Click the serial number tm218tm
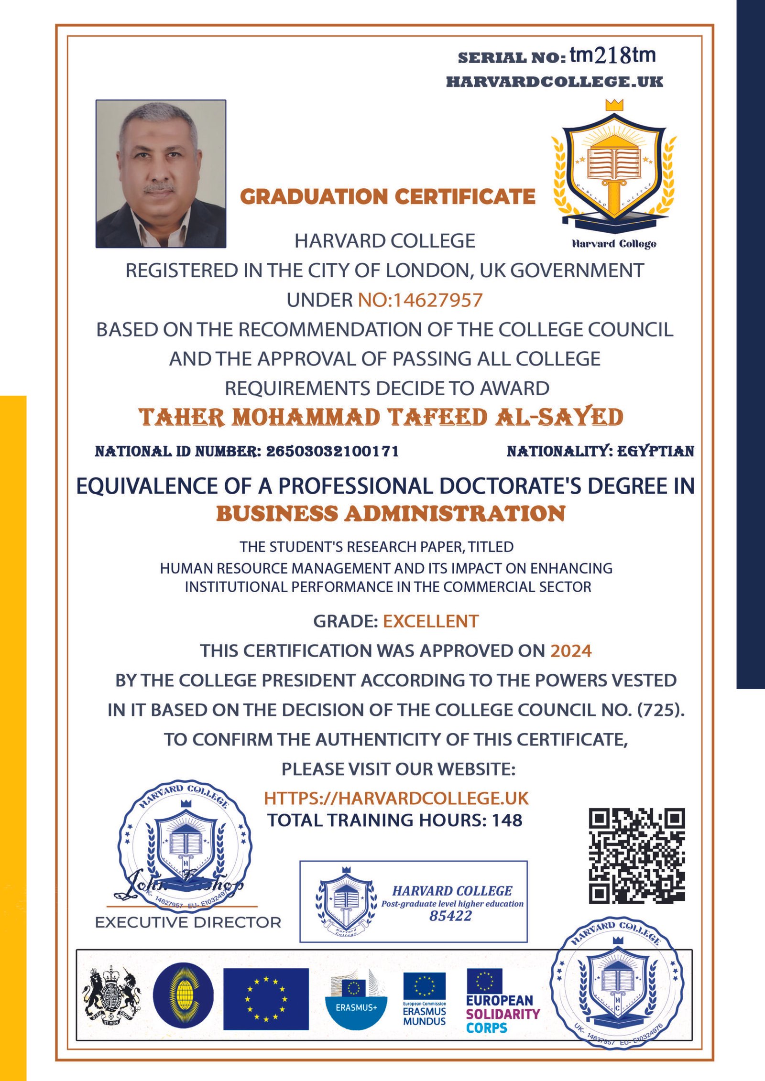tap(612, 56)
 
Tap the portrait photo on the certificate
tap(161, 173)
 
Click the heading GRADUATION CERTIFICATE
tap(387, 196)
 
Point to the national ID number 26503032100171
tap(332, 451)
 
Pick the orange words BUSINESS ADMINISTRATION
tap(391, 514)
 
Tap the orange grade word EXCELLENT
tap(430, 621)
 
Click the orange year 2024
tap(571, 651)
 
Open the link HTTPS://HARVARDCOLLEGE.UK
tap(396, 799)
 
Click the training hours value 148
tap(507, 821)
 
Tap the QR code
tap(636, 856)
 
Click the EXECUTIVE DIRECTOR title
tap(188, 922)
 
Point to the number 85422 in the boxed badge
tap(450, 916)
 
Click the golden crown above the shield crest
tap(614, 105)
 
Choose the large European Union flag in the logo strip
tap(266, 999)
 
